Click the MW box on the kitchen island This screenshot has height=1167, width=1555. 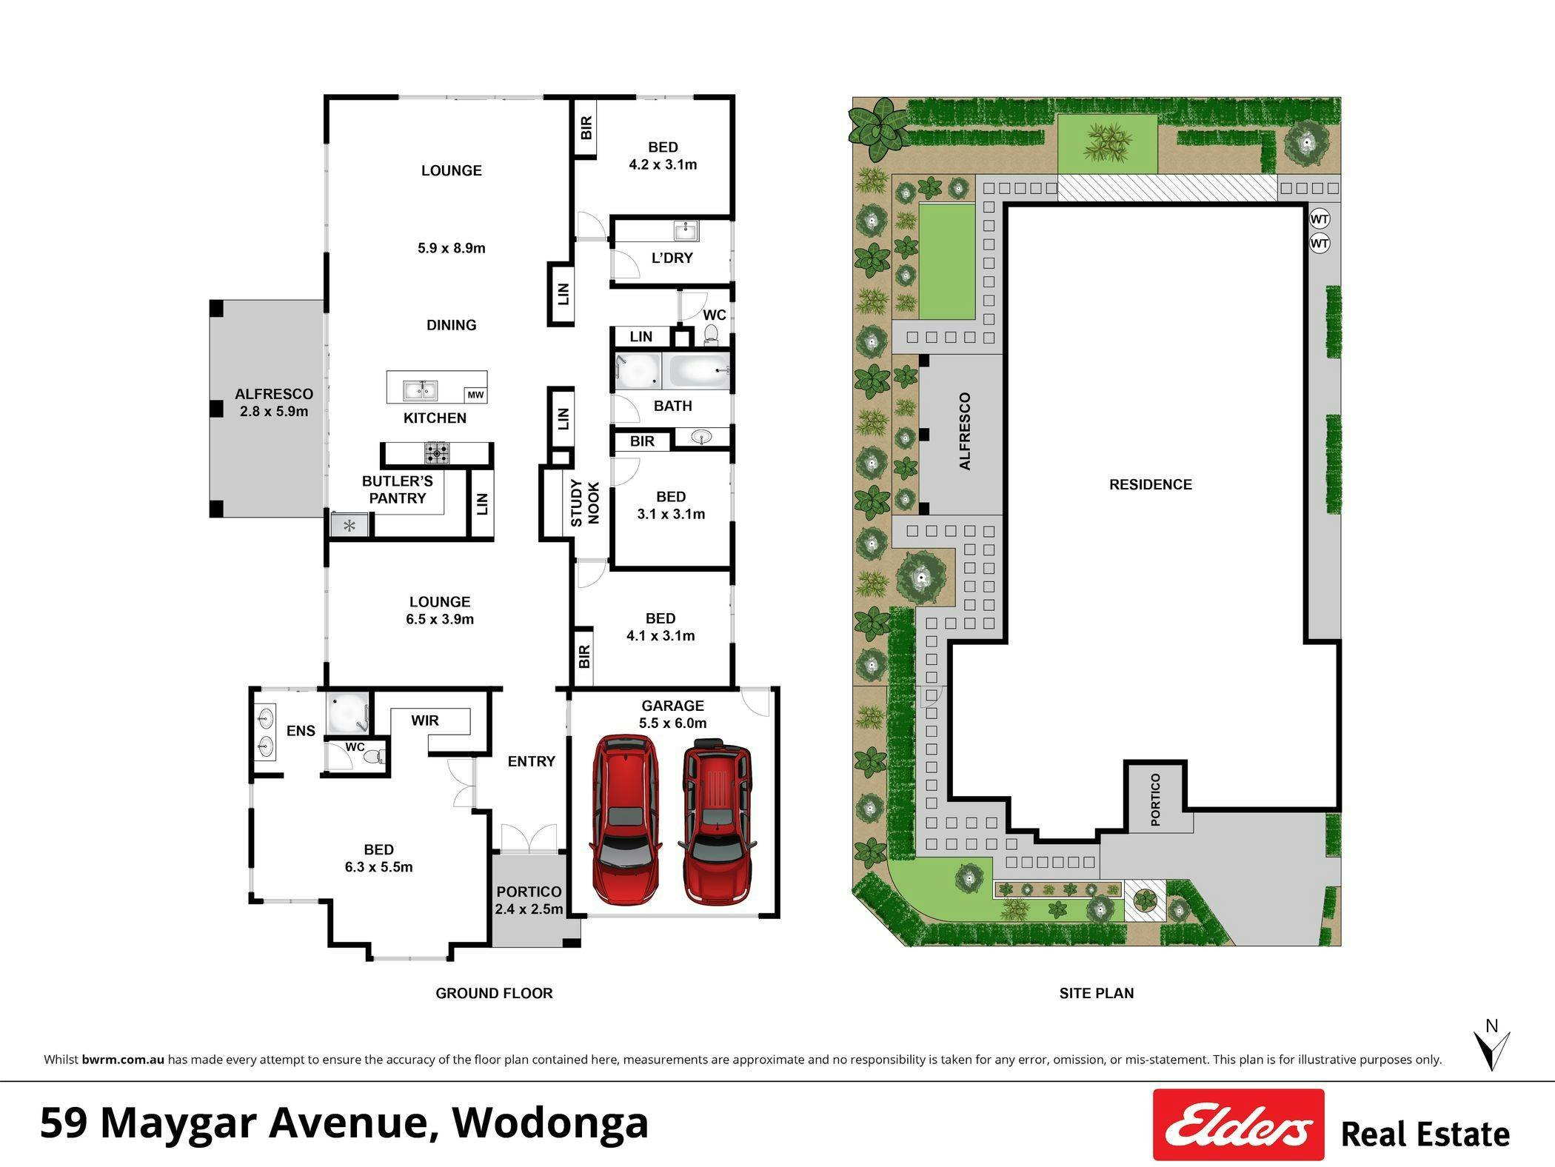(x=475, y=395)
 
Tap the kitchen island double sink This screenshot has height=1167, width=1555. (x=420, y=389)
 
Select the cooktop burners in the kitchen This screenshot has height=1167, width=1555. (x=437, y=452)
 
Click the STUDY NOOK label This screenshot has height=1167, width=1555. (x=584, y=503)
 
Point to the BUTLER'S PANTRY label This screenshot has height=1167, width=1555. (x=398, y=489)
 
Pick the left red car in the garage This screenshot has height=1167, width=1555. (x=625, y=819)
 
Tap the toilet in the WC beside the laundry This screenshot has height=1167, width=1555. (x=712, y=335)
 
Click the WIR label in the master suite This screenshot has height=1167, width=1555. (x=425, y=720)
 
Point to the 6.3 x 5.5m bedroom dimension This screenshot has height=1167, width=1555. (x=378, y=867)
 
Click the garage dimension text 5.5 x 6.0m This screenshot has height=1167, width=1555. (x=672, y=723)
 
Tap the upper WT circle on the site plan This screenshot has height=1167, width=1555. (x=1320, y=219)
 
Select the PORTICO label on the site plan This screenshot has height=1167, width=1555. (x=1156, y=799)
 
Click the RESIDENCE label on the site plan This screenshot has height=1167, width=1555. (x=1151, y=485)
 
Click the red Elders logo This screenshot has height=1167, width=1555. (x=1239, y=1124)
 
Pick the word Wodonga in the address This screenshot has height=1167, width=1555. (x=550, y=1123)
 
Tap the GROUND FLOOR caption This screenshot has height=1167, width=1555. (x=494, y=994)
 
